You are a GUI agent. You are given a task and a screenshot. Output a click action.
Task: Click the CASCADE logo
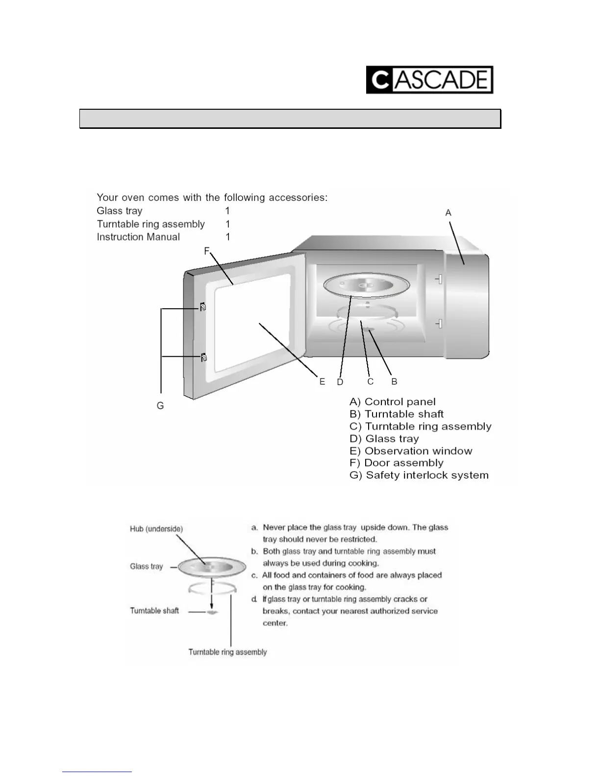point(429,80)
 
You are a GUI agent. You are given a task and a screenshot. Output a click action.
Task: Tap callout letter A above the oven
point(448,213)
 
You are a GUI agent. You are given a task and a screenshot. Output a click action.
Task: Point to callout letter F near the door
point(207,251)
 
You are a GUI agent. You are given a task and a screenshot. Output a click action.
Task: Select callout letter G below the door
point(160,406)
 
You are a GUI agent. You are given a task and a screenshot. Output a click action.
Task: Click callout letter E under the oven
point(322,382)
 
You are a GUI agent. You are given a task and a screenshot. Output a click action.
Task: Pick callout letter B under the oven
point(394,382)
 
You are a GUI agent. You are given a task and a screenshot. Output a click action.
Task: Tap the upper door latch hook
point(203,307)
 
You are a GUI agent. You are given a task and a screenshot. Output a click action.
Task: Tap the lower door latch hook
point(203,357)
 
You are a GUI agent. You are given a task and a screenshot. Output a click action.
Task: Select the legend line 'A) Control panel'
point(393,402)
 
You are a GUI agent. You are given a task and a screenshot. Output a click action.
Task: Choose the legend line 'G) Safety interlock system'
point(419,475)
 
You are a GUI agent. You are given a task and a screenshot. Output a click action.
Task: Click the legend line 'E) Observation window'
point(411,451)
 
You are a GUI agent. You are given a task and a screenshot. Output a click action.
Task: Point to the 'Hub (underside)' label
point(156,529)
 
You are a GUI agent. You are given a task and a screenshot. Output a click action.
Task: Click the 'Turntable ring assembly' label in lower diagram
point(227,652)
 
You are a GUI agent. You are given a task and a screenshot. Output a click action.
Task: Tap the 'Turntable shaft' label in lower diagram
point(154,610)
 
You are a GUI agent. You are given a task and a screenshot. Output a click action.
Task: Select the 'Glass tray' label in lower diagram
point(146,566)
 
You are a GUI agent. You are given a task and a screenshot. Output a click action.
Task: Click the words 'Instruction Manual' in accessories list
point(138,237)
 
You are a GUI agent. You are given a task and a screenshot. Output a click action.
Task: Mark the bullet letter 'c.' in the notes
point(254,575)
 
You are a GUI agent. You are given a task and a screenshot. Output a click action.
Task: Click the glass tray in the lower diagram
point(212,568)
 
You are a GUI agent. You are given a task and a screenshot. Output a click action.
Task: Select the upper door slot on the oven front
point(440,279)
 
